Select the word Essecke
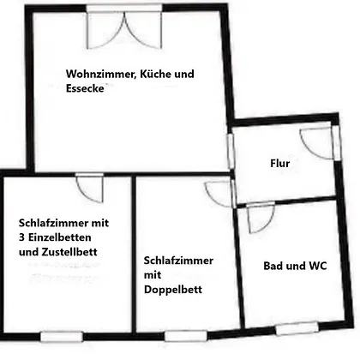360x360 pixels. pyautogui.click(x=85, y=88)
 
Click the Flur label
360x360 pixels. pyautogui.click(x=280, y=164)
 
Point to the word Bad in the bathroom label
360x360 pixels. pyautogui.click(x=273, y=266)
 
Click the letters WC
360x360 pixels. pyautogui.click(x=317, y=266)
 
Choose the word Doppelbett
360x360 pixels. pyautogui.click(x=173, y=290)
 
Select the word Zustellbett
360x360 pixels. pyautogui.click(x=69, y=252)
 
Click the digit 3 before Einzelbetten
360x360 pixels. pyautogui.click(x=21, y=237)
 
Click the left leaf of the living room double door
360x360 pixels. pyautogui.click(x=105, y=30)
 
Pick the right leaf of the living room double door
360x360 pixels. pyautogui.click(x=143, y=30)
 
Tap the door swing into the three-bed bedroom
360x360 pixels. pyautogui.click(x=89, y=189)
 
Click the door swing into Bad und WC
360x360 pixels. pyautogui.click(x=260, y=219)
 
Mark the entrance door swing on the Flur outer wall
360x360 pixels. pyautogui.click(x=317, y=143)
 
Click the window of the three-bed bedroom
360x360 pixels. pyautogui.click(x=62, y=337)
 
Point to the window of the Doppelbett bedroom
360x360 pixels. pyautogui.click(x=186, y=336)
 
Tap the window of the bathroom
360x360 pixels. pyautogui.click(x=297, y=328)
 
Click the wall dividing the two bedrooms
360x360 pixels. pyautogui.click(x=134, y=255)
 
